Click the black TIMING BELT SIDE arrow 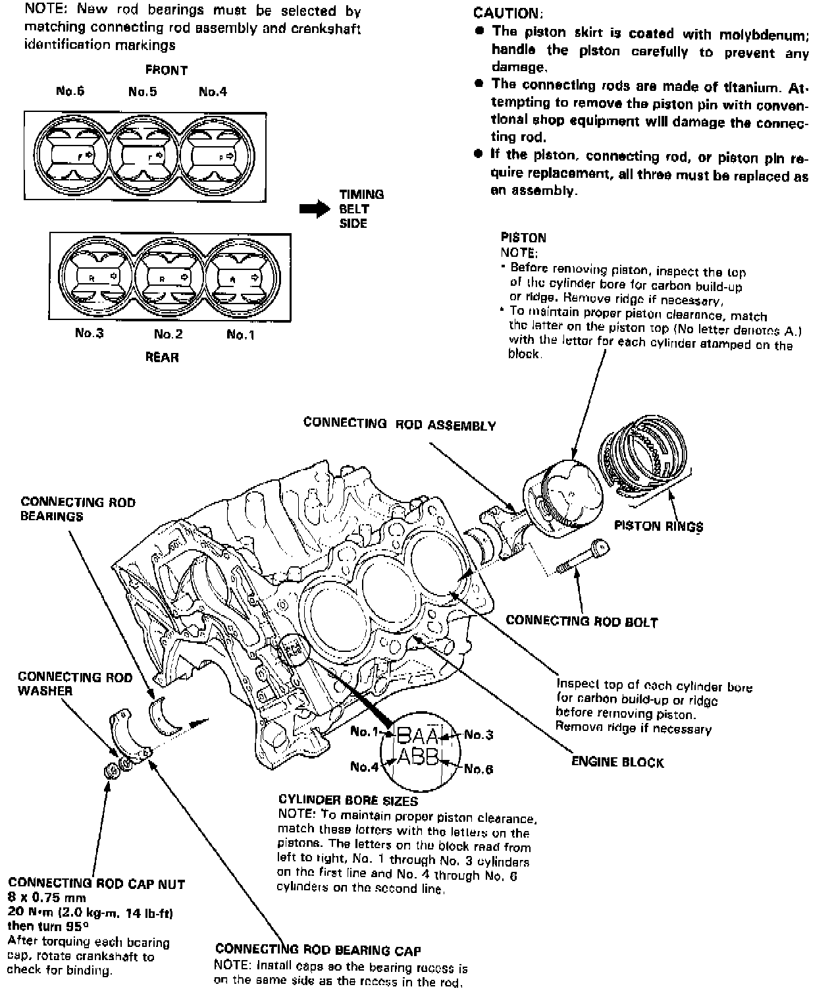click(315, 209)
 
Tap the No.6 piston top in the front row click(71, 156)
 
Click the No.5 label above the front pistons click(143, 92)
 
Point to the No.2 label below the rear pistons click(168, 334)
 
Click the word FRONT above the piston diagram click(167, 70)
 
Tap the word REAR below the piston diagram click(162, 357)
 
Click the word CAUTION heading click(508, 13)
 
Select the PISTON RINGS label click(658, 525)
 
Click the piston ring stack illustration click(643, 454)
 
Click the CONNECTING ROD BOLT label click(581, 621)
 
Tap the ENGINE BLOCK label click(617, 763)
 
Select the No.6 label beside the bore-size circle click(479, 768)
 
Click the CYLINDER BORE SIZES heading click(348, 801)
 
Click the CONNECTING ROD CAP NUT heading click(97, 884)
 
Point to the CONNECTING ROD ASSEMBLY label click(400, 424)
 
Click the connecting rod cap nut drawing click(111, 769)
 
